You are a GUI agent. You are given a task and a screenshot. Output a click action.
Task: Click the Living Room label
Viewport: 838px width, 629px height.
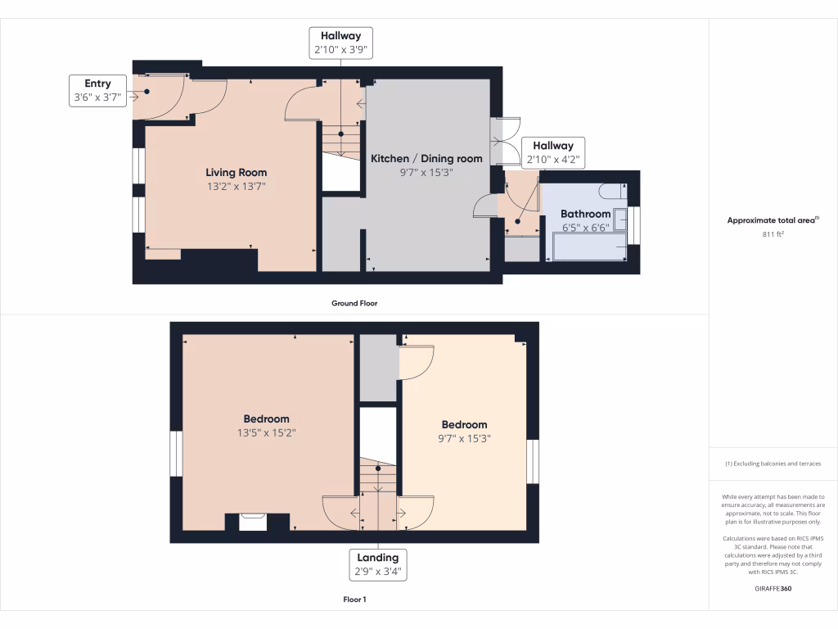[236, 173]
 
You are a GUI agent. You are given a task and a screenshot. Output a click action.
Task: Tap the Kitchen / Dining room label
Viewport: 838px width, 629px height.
[426, 158]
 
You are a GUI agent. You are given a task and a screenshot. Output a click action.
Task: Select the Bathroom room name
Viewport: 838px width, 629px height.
[585, 214]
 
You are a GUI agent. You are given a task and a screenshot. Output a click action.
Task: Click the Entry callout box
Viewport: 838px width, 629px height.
[97, 90]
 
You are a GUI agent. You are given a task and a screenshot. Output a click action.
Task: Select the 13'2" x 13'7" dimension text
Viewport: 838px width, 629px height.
[236, 187]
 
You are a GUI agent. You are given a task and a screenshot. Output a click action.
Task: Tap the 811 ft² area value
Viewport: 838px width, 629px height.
[773, 233]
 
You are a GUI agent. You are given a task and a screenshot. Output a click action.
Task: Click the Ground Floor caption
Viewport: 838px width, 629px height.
[354, 303]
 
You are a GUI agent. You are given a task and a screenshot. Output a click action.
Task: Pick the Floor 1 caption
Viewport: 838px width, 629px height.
[354, 600]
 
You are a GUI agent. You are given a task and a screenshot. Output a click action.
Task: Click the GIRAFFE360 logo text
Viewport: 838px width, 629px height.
[773, 588]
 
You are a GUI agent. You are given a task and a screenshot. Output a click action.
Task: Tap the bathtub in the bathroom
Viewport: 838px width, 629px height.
[589, 247]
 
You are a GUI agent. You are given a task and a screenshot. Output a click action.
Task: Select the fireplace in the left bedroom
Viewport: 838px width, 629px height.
[253, 521]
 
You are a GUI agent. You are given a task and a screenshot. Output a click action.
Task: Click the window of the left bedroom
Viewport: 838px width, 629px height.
[175, 454]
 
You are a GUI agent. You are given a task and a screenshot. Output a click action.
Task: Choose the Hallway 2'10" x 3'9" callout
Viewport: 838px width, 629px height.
[341, 43]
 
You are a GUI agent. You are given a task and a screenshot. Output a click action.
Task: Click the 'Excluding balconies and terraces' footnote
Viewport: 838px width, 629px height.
[773, 464]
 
